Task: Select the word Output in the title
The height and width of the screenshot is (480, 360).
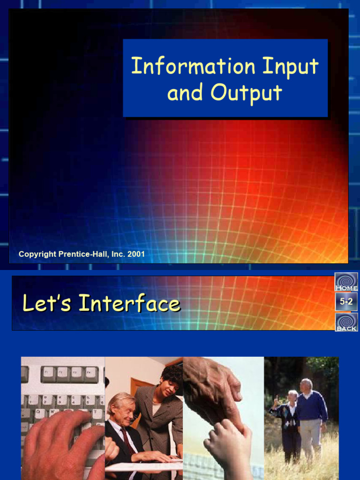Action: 246,92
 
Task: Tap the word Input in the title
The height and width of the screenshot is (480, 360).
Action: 290,67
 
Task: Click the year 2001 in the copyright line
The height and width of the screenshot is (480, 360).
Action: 135,255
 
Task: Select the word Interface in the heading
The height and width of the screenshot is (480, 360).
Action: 129,304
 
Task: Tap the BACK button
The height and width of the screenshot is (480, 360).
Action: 346,322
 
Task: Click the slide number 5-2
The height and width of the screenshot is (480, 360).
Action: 346,302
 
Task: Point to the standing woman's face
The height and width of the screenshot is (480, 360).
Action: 169,387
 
